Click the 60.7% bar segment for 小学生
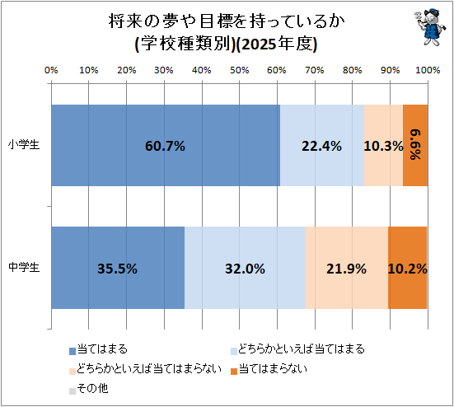pos(166,145)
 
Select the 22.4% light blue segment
pos(322,145)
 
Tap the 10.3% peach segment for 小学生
pos(384,145)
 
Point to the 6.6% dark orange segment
pos(415,145)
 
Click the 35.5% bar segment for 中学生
pos(118,268)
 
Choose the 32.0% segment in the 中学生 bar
pos(246,268)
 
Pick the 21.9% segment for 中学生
pos(347,268)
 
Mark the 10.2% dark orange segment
pos(407,268)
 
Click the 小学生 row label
pos(24,144)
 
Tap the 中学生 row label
pos(24,267)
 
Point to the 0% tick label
pos(51,70)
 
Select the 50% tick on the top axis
pos(240,70)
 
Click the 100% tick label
pos(428,70)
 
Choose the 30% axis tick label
pos(164,70)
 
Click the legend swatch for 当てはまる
pos(73,351)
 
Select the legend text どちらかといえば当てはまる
pos(301,349)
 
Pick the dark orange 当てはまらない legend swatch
pos(234,371)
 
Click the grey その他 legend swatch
pos(73,391)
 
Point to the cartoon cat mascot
pos(428,27)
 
